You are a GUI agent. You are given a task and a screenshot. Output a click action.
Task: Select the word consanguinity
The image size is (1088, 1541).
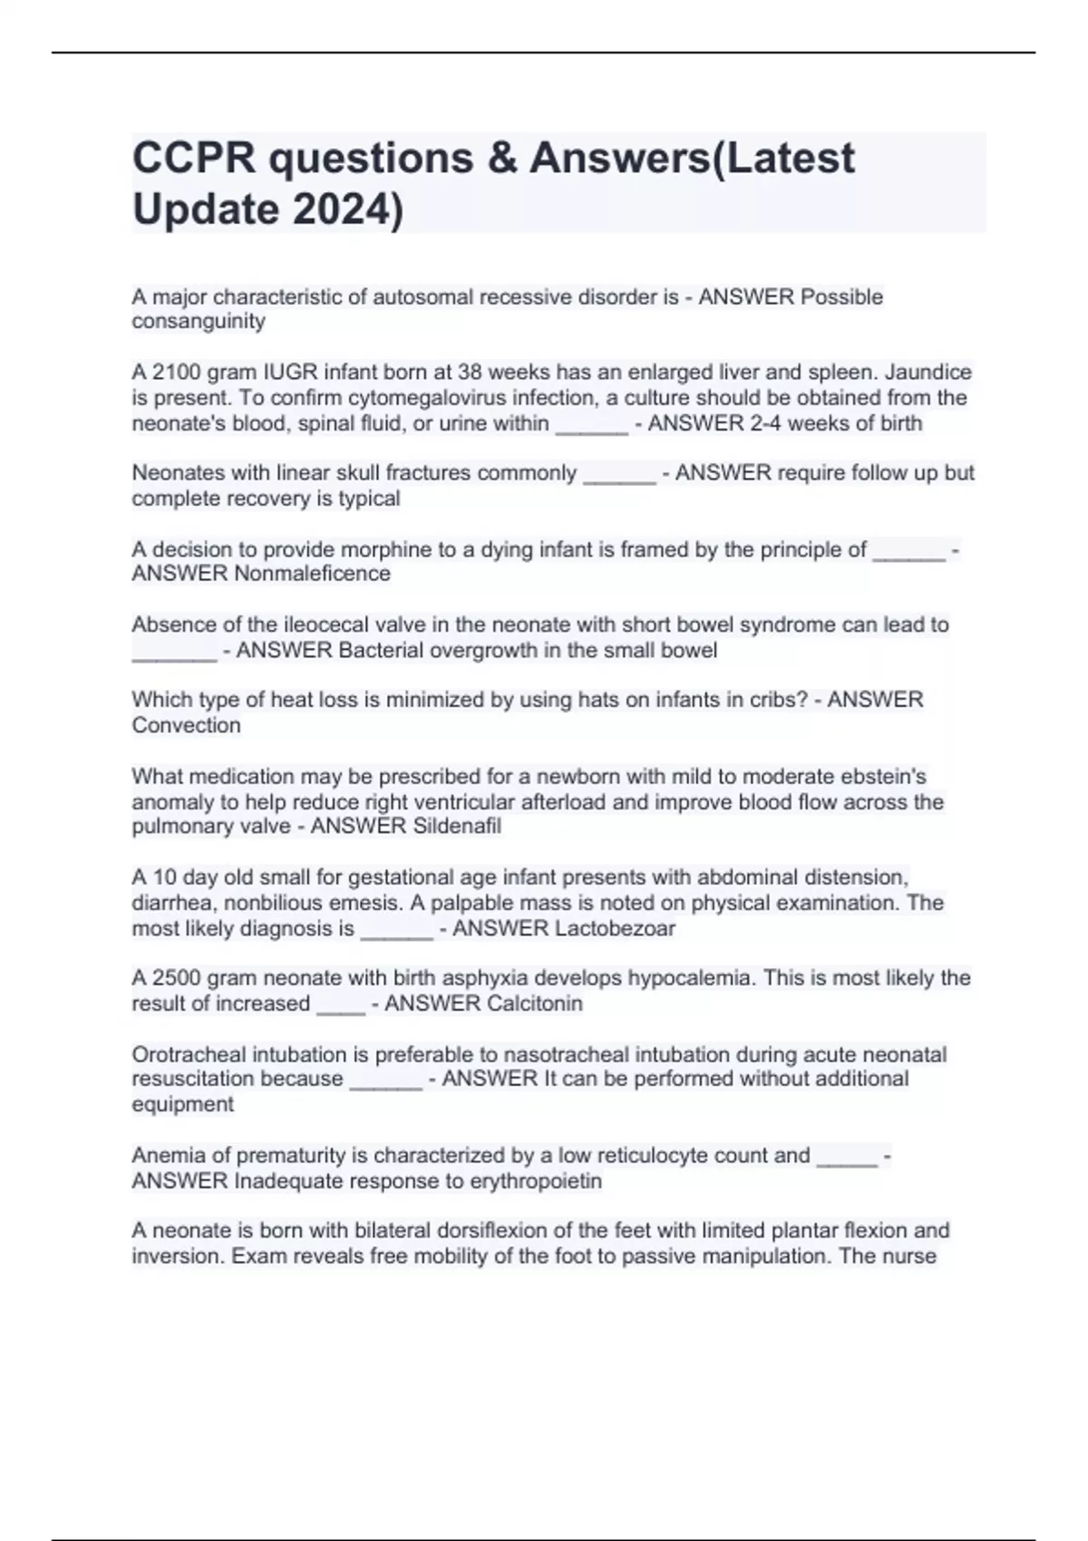[x=199, y=322]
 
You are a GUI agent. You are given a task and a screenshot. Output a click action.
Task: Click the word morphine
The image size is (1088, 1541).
[x=296, y=549]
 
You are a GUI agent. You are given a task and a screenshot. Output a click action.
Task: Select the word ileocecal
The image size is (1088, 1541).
[x=327, y=625]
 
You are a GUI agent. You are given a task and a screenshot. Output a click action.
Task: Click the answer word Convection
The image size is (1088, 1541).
[x=187, y=725]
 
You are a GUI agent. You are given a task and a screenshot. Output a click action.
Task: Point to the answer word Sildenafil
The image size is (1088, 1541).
[x=457, y=826]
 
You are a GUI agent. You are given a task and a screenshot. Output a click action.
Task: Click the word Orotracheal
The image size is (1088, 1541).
[x=189, y=1054]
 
